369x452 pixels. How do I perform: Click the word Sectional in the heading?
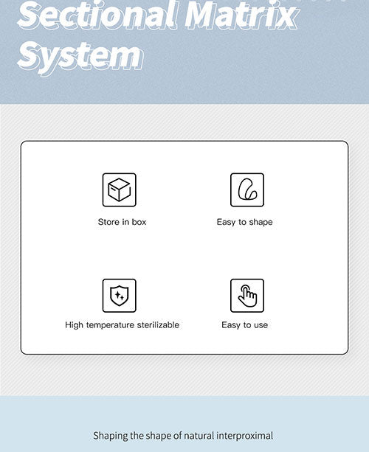pos(97,15)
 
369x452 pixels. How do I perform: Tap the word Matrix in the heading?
pos(241,15)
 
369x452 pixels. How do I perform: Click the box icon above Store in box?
pos(119,190)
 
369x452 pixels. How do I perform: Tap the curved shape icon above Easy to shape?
pos(247,190)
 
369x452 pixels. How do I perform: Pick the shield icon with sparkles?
pos(119,296)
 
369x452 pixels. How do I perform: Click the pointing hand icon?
pos(247,296)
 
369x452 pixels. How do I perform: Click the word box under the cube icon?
pos(139,222)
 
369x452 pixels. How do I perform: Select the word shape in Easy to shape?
pos(261,222)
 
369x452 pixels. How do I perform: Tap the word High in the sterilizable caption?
pos(74,325)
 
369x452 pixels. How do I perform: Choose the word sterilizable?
pos(158,325)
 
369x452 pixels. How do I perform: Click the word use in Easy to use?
pos(261,325)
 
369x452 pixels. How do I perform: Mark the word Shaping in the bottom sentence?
pos(111,436)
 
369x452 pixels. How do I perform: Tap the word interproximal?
pos(245,436)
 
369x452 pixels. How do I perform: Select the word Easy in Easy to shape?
pos(226,222)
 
